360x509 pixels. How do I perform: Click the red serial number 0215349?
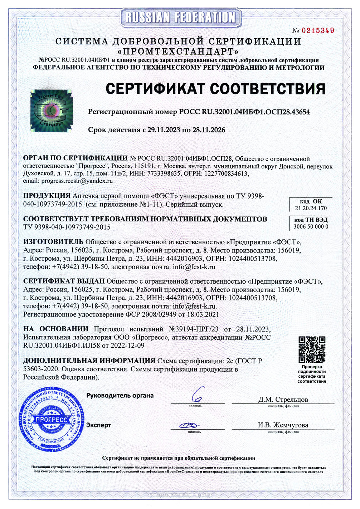coord(318,31)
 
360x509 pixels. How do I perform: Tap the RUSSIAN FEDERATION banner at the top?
coord(180,17)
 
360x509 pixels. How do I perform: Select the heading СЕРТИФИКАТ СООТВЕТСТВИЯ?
coord(215,89)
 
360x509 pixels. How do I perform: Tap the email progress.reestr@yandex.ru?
coord(77,181)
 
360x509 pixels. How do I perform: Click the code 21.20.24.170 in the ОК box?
coord(311,208)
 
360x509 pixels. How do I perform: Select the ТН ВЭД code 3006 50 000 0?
coord(311,226)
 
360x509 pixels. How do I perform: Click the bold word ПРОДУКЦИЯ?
coord(47,196)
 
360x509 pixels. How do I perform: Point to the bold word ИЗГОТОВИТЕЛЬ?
coord(53,241)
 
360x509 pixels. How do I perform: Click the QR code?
coord(312,349)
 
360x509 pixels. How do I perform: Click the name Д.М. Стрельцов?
coord(283,400)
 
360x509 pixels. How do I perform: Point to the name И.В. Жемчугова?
coord(283,425)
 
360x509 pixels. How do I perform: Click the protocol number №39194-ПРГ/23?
coord(193,329)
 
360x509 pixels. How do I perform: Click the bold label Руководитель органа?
coord(120,396)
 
